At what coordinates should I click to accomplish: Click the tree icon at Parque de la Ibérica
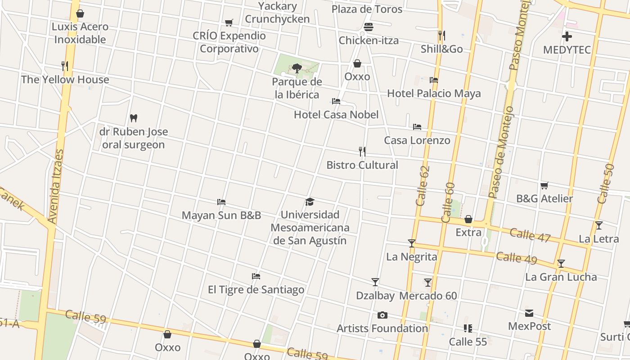point(297,68)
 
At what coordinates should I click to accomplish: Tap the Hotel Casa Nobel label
point(336,115)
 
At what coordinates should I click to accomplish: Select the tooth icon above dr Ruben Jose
point(133,118)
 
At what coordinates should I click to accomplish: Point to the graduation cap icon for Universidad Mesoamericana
point(310,202)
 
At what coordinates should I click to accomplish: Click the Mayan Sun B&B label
point(221,215)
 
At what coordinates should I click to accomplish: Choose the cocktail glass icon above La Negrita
point(411,243)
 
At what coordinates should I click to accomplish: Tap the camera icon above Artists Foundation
point(382,315)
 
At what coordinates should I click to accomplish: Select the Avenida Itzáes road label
point(56,187)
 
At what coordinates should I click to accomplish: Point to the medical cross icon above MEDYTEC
point(567,36)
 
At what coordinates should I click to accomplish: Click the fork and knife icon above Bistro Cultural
point(362,152)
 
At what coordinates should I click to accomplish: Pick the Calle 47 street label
point(530,235)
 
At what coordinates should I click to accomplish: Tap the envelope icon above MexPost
point(529,313)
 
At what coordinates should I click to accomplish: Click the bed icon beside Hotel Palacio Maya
point(434,80)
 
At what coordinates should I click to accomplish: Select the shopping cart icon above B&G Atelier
point(544,185)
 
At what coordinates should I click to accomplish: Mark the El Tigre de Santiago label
point(256,289)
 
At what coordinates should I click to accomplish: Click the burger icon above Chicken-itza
point(369,27)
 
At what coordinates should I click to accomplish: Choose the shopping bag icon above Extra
point(468,219)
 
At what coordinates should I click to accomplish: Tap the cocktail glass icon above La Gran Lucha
point(561,264)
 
